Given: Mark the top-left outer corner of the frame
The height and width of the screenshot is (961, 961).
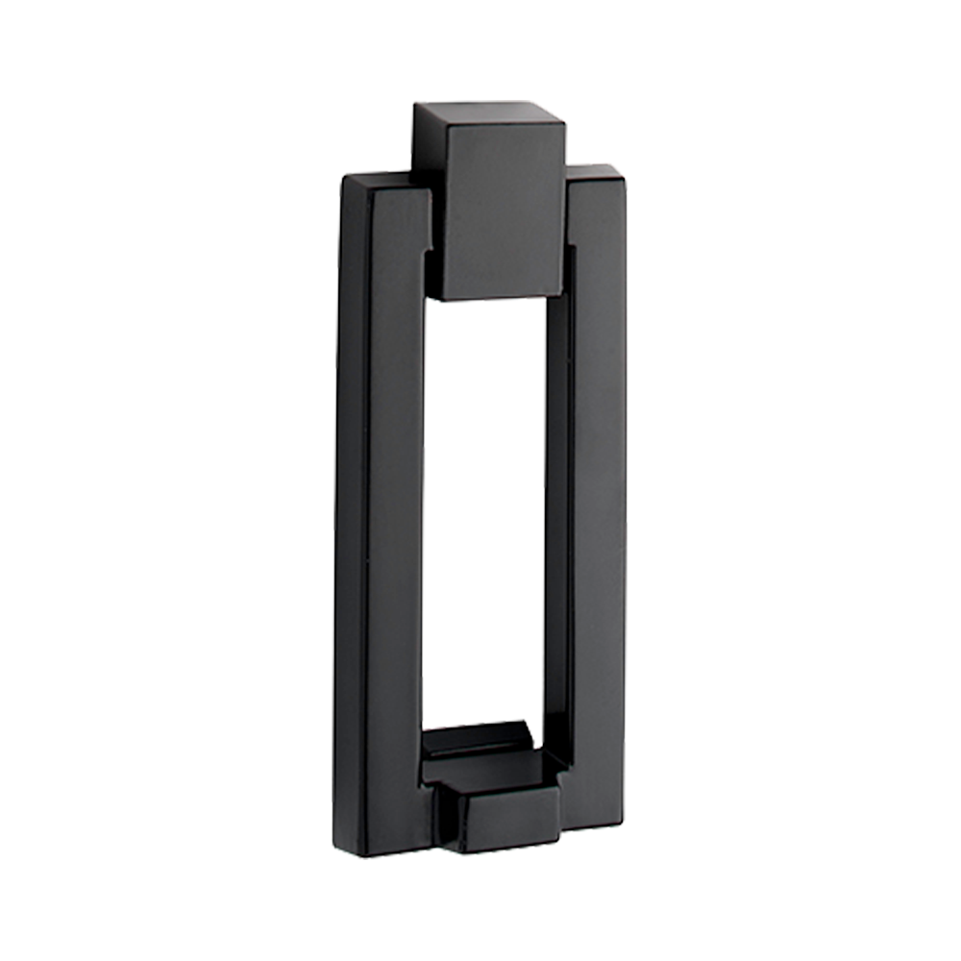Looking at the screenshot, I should (343, 178).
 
